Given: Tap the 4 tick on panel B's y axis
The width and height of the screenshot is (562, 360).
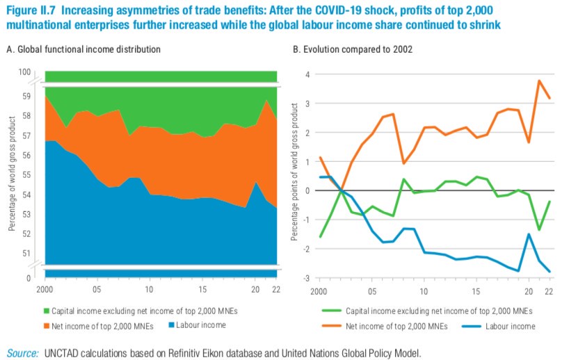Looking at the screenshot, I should [306, 74].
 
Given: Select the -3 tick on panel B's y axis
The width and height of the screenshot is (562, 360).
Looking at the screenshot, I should [304, 278].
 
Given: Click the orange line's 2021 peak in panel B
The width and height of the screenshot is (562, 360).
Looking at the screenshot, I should [539, 81].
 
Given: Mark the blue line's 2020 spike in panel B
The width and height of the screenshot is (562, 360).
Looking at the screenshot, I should [529, 234].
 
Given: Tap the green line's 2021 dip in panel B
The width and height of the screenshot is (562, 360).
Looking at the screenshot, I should [539, 229].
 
